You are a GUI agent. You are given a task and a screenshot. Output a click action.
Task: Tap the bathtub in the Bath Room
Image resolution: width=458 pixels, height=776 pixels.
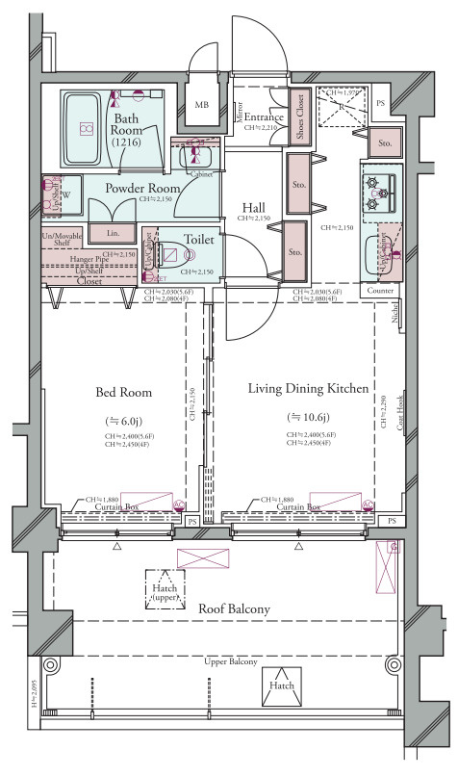click(85, 127)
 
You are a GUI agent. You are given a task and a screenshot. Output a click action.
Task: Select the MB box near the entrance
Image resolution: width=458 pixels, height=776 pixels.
click(203, 105)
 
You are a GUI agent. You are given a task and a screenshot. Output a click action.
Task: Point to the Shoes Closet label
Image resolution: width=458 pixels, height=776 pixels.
click(299, 117)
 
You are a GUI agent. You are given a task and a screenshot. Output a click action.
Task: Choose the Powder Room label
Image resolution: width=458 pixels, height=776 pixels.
click(142, 188)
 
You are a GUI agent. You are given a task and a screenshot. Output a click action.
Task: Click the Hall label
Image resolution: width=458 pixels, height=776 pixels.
click(254, 207)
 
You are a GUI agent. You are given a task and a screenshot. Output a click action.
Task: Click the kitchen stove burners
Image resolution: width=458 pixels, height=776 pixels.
click(378, 193)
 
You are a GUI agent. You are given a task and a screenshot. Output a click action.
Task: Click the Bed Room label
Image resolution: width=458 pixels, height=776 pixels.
click(124, 392)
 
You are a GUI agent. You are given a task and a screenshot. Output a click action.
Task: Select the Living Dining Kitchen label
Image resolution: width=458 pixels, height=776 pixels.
click(308, 388)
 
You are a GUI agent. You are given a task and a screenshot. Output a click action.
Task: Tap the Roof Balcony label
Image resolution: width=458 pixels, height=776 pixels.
click(234, 608)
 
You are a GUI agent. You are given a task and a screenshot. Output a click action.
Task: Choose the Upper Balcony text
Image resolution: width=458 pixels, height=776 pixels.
click(230, 663)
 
